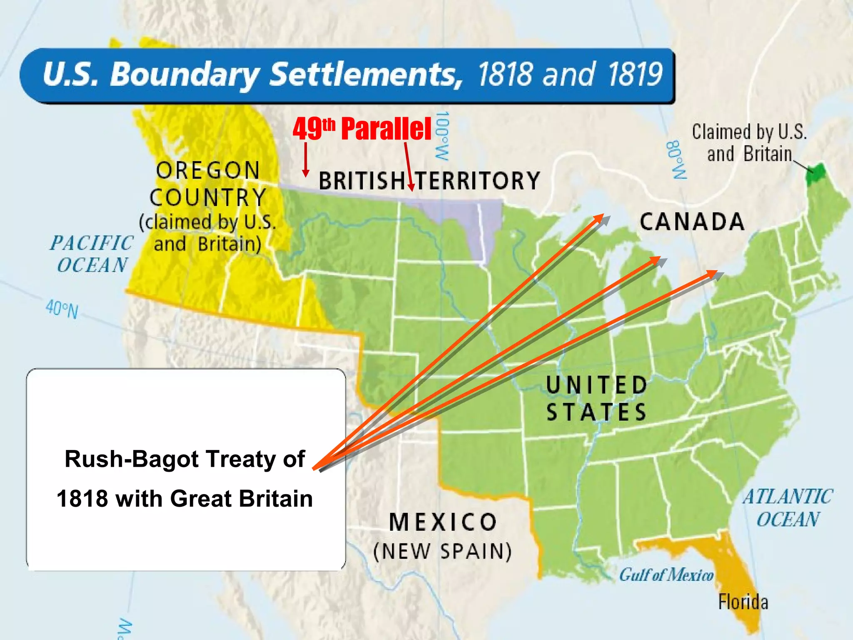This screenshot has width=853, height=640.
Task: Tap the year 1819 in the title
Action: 635,75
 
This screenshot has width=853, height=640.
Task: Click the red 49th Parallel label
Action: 362,129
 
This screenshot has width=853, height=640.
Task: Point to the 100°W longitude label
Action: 441,136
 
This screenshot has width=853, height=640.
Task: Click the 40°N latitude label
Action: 62,309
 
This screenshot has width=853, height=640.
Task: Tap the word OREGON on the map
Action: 208,171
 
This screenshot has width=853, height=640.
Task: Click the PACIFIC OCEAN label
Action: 92,254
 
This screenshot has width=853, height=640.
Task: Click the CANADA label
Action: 692,222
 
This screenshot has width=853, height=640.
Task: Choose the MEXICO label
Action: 443,522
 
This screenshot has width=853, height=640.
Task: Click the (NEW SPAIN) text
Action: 442,552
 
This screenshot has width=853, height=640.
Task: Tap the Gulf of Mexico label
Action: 666,575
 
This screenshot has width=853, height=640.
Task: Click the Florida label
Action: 743,602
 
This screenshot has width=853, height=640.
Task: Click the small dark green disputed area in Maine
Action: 816,174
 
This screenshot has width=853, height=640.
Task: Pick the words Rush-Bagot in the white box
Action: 132,459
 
